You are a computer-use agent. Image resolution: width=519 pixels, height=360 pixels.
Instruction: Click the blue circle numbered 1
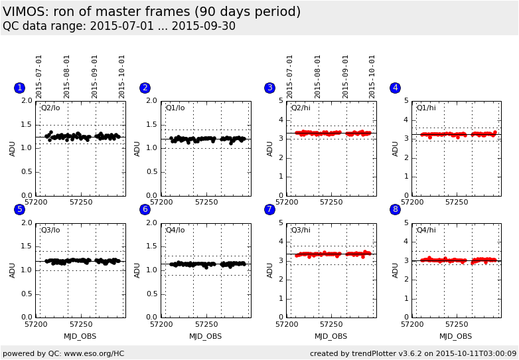(19, 88)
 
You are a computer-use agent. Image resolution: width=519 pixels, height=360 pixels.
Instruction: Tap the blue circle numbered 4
(395, 88)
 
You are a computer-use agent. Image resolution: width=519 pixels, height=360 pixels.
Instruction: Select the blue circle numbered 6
(145, 209)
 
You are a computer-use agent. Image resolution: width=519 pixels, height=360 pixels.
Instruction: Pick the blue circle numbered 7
(269, 209)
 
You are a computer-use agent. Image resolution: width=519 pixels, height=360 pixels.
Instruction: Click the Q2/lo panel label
(50, 108)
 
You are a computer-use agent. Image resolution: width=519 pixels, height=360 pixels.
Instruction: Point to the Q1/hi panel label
(426, 108)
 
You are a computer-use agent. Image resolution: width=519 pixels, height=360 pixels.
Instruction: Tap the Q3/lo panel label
(50, 230)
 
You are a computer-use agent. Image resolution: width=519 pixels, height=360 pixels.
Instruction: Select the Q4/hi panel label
(426, 230)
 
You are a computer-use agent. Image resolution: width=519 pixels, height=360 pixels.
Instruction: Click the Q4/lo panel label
(175, 230)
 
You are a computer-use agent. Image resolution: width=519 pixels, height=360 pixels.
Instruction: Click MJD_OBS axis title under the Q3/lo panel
(80, 336)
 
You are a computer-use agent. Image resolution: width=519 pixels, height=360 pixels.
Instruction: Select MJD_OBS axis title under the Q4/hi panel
(456, 336)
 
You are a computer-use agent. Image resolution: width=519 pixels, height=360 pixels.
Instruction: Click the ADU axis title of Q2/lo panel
(13, 148)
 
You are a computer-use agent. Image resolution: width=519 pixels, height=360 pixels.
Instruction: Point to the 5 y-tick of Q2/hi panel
(281, 101)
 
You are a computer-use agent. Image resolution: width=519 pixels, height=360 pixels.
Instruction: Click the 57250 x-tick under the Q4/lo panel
(206, 324)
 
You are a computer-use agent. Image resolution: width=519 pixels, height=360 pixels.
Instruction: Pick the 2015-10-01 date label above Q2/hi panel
(372, 76)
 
